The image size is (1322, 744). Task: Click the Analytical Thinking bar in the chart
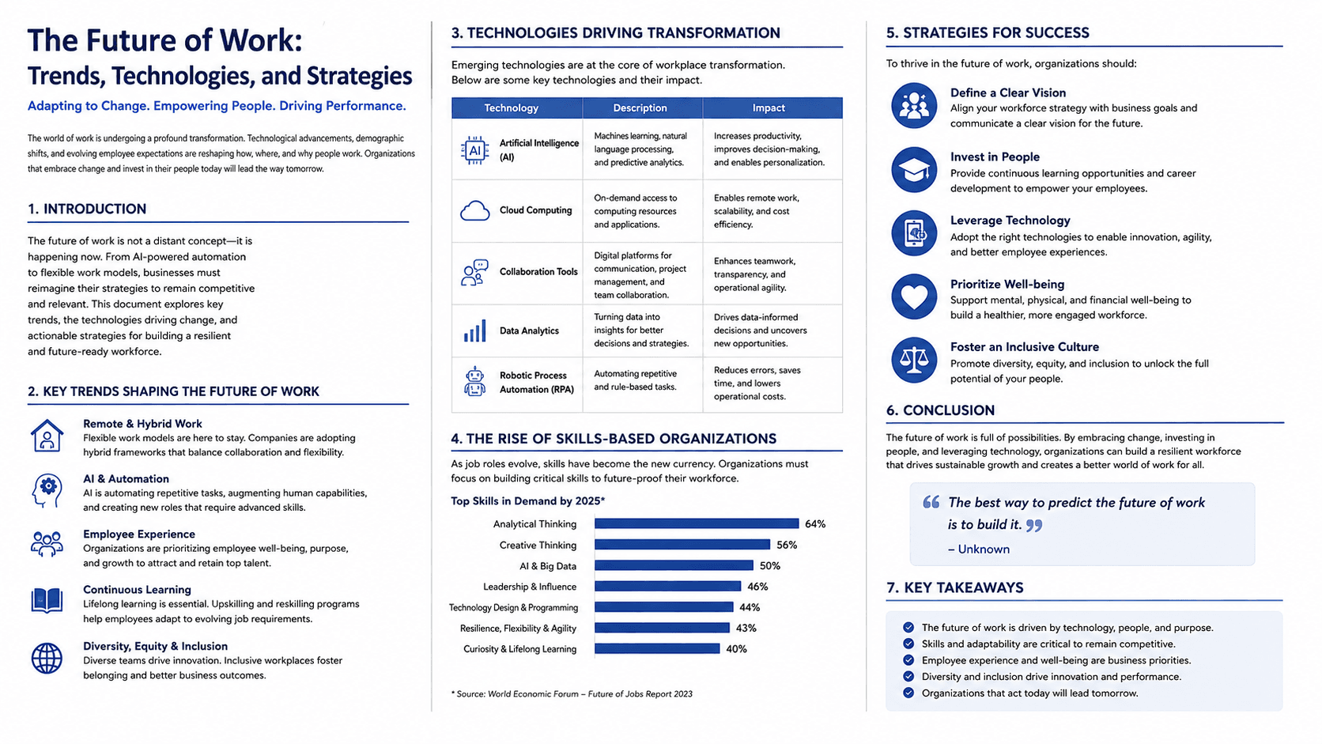[697, 523]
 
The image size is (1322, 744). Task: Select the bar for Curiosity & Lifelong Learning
[657, 648]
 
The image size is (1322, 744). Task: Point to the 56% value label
[787, 545]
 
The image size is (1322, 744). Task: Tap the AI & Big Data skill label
[548, 566]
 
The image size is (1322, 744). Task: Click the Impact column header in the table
[769, 108]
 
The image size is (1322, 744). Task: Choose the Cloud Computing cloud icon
[474, 210]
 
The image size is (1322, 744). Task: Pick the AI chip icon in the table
[474, 150]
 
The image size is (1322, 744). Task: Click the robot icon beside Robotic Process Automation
[474, 381]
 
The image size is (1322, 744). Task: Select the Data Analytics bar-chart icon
[474, 330]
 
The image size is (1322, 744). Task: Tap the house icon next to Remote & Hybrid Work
[47, 436]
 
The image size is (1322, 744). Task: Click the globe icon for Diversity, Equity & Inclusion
[47, 658]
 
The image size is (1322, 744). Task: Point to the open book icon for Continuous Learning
[47, 600]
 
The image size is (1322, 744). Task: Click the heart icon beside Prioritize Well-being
[913, 296]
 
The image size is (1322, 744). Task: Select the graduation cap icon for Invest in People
[913, 170]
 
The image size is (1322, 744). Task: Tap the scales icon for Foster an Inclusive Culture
[913, 360]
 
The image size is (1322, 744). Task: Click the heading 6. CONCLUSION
[940, 410]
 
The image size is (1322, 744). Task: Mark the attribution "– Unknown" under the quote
[979, 550]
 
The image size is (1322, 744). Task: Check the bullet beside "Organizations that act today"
[908, 693]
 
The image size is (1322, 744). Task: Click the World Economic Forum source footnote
[572, 694]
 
